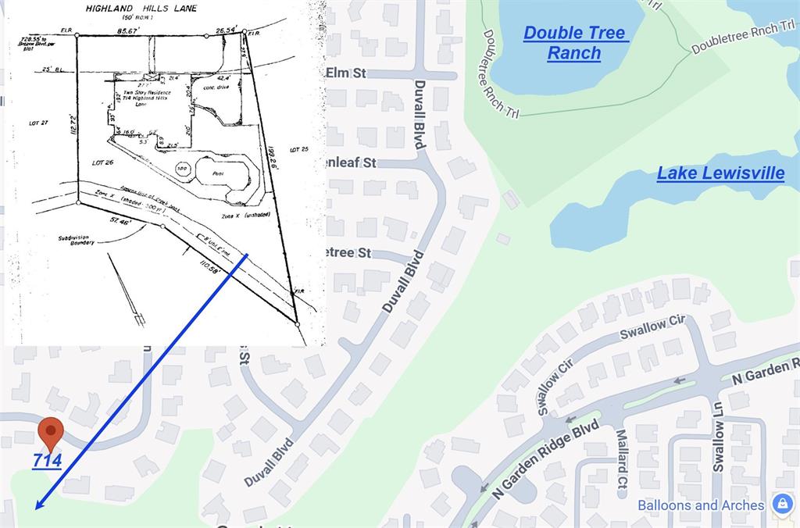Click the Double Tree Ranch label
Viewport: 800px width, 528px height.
click(x=575, y=43)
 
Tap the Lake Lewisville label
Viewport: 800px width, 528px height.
click(x=720, y=173)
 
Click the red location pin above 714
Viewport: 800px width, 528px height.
click(x=51, y=432)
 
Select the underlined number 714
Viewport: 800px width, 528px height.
click(x=47, y=461)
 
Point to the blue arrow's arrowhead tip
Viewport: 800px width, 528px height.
click(x=36, y=508)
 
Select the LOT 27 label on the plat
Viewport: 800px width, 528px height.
click(x=38, y=123)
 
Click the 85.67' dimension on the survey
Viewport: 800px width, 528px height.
click(x=128, y=30)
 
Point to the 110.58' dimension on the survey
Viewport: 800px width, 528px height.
click(x=212, y=270)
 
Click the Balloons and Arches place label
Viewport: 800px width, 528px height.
click(x=701, y=505)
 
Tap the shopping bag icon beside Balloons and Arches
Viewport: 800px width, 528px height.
click(x=782, y=504)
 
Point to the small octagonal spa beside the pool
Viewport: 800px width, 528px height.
click(x=182, y=168)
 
